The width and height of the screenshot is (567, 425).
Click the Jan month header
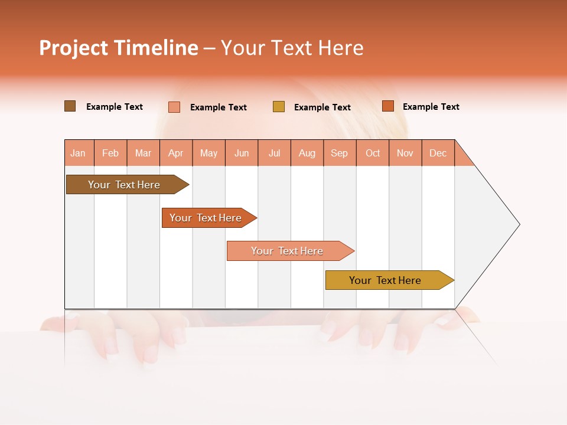[79, 153]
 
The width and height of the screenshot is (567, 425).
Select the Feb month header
[110, 153]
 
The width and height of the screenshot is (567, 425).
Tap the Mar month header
[143, 153]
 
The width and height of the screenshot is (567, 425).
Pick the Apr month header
[176, 153]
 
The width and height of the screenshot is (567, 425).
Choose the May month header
[208, 153]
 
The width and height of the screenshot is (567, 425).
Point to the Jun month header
[242, 153]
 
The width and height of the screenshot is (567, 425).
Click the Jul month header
[274, 153]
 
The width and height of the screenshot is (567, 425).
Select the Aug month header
[307, 153]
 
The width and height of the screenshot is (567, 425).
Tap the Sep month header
[340, 153]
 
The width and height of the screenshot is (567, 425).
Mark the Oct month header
[373, 153]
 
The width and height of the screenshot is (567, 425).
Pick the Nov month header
[405, 153]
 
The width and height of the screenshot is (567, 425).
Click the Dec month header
[438, 153]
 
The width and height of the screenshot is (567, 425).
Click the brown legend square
[70, 106]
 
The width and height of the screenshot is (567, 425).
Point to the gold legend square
[279, 107]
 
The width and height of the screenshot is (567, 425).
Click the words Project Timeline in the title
[119, 48]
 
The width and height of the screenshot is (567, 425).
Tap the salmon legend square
[174, 107]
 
